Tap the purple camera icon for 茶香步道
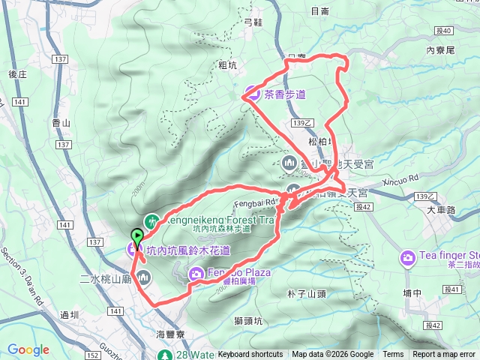click(x=250, y=94)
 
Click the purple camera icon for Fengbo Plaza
click(x=195, y=273)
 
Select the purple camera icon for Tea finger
click(x=408, y=257)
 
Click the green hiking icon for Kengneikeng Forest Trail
click(x=152, y=220)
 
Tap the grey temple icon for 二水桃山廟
click(x=145, y=279)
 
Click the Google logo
click(x=28, y=349)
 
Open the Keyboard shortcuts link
click(x=250, y=355)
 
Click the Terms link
click(x=393, y=355)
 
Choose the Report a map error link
click(x=444, y=355)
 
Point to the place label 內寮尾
click(x=440, y=50)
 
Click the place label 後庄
click(x=18, y=73)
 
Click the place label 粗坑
click(x=227, y=65)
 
